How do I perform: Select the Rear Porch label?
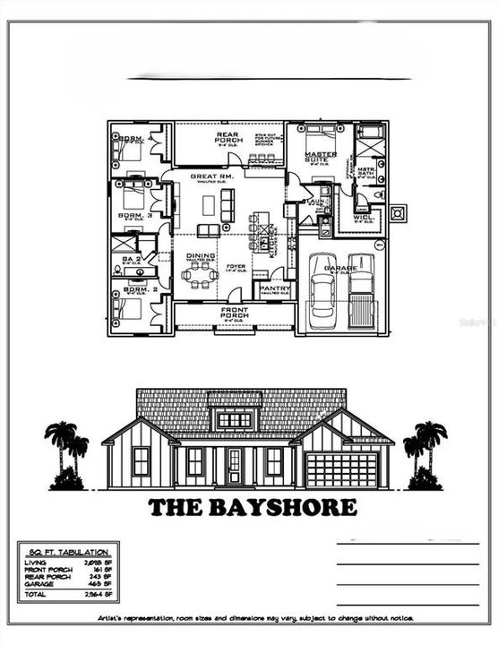tap(229, 137)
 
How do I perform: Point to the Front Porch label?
tap(234, 312)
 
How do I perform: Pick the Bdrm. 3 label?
tap(134, 216)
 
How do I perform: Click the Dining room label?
tap(201, 256)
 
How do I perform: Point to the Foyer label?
tap(236, 266)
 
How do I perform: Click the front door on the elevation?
tap(235, 467)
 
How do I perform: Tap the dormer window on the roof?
tap(235, 419)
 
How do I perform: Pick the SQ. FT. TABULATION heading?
tap(64, 552)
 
